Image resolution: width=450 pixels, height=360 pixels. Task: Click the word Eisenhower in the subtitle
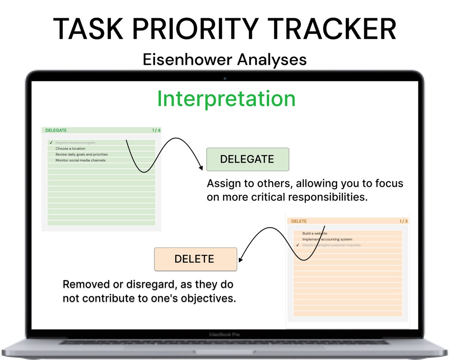click(187, 60)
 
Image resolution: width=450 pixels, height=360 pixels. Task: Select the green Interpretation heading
click(226, 99)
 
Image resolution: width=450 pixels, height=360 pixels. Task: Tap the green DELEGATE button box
click(247, 159)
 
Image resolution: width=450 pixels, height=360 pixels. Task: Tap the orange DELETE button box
click(195, 259)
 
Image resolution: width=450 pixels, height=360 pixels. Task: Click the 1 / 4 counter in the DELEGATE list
click(156, 130)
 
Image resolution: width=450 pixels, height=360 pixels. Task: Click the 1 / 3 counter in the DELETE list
click(403, 221)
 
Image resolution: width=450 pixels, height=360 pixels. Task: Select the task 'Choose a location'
click(70, 149)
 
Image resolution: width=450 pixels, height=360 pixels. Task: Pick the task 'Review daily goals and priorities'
click(81, 155)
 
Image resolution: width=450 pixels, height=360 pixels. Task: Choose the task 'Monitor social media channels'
click(80, 161)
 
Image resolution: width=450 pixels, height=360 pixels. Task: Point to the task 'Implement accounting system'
click(327, 239)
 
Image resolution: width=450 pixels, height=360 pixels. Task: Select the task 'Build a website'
click(315, 233)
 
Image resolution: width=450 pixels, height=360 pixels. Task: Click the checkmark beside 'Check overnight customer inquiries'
click(298, 245)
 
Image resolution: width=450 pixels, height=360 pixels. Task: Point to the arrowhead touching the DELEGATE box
click(203, 168)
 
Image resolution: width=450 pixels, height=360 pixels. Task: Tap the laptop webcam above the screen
click(225, 78)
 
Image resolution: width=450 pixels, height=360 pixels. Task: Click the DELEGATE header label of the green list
click(56, 130)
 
